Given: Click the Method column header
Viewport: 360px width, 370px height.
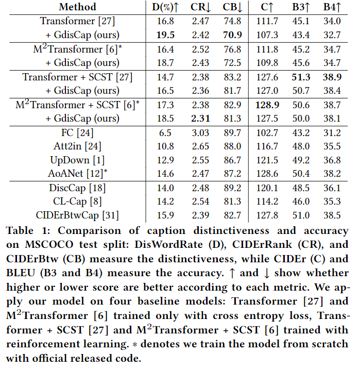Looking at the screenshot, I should pos(77,7).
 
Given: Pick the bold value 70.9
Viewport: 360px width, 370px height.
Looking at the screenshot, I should pos(233,35).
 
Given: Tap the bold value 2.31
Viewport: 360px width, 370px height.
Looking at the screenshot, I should pos(199,119).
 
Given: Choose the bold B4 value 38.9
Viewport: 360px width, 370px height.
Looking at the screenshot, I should pos(332,77).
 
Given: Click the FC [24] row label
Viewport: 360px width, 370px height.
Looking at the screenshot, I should pos(77,133).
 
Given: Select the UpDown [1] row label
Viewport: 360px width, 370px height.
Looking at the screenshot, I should pos(77,161).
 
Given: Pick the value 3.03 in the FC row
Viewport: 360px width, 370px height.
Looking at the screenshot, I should pos(199,133).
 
